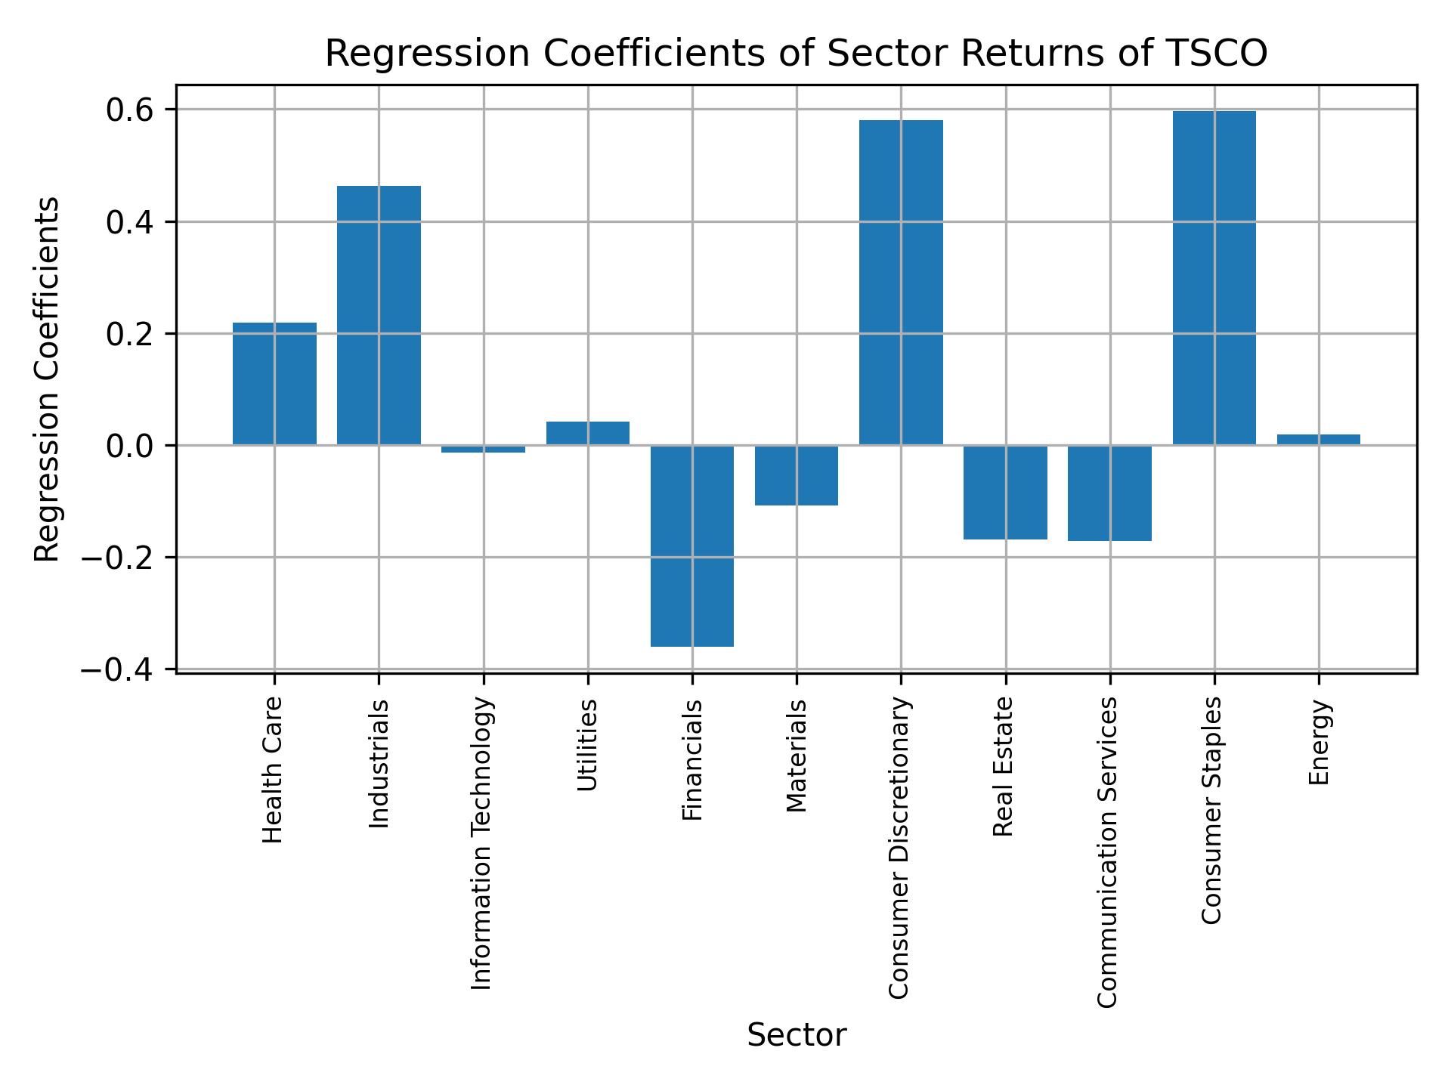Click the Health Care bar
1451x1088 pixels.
tap(274, 384)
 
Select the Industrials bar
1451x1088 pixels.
tap(379, 315)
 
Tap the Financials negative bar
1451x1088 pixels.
tap(692, 546)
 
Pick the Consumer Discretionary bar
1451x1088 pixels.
tap(901, 283)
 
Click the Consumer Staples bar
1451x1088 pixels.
tap(1214, 278)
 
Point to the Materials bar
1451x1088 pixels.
tap(797, 475)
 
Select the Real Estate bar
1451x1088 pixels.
tap(1005, 493)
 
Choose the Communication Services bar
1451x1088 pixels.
tap(1109, 493)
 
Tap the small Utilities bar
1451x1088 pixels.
tap(588, 433)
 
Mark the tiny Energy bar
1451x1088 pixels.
tap(1318, 440)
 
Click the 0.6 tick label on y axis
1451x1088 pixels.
tap(130, 110)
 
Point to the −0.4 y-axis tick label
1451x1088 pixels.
tap(121, 670)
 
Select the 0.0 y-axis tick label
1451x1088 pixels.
tap(130, 447)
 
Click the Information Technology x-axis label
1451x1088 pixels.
tap(482, 843)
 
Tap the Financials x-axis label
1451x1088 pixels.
tap(692, 760)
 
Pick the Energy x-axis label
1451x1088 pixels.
tap(1319, 743)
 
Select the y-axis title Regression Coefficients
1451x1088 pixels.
tap(48, 379)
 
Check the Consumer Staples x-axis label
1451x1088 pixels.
tap(1211, 810)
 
